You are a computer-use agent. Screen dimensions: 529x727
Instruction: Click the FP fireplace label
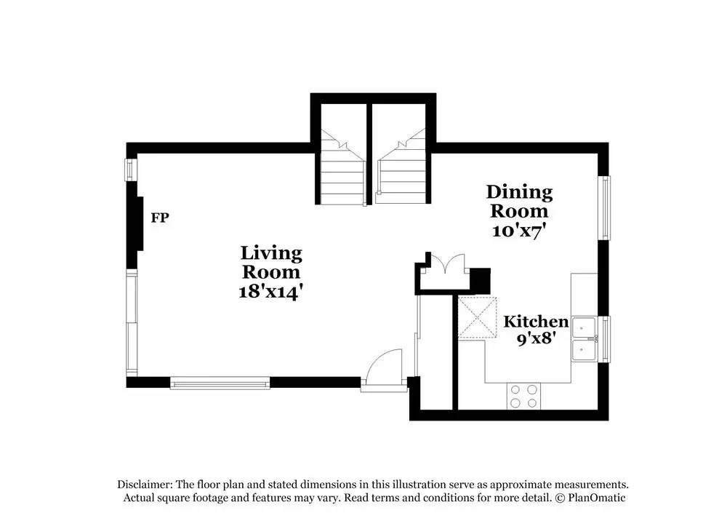[x=159, y=218]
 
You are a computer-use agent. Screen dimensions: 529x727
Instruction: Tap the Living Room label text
[x=271, y=262]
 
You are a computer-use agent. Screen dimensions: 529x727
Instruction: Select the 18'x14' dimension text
[x=271, y=292]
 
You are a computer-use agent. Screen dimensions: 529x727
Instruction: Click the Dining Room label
[x=519, y=202]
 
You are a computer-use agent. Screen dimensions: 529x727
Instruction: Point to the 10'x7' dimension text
[x=519, y=231]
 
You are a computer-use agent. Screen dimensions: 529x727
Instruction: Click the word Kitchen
[x=537, y=322]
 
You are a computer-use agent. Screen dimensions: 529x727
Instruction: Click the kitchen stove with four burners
[x=523, y=395]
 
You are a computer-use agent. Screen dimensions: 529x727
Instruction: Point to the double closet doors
[x=446, y=263]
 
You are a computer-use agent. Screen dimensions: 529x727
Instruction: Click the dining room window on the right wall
[x=603, y=207]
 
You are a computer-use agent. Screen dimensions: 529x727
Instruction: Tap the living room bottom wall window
[x=220, y=381]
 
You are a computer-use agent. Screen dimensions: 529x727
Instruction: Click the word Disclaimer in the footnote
[x=142, y=485]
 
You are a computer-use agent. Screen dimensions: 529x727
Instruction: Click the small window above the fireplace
[x=130, y=170]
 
